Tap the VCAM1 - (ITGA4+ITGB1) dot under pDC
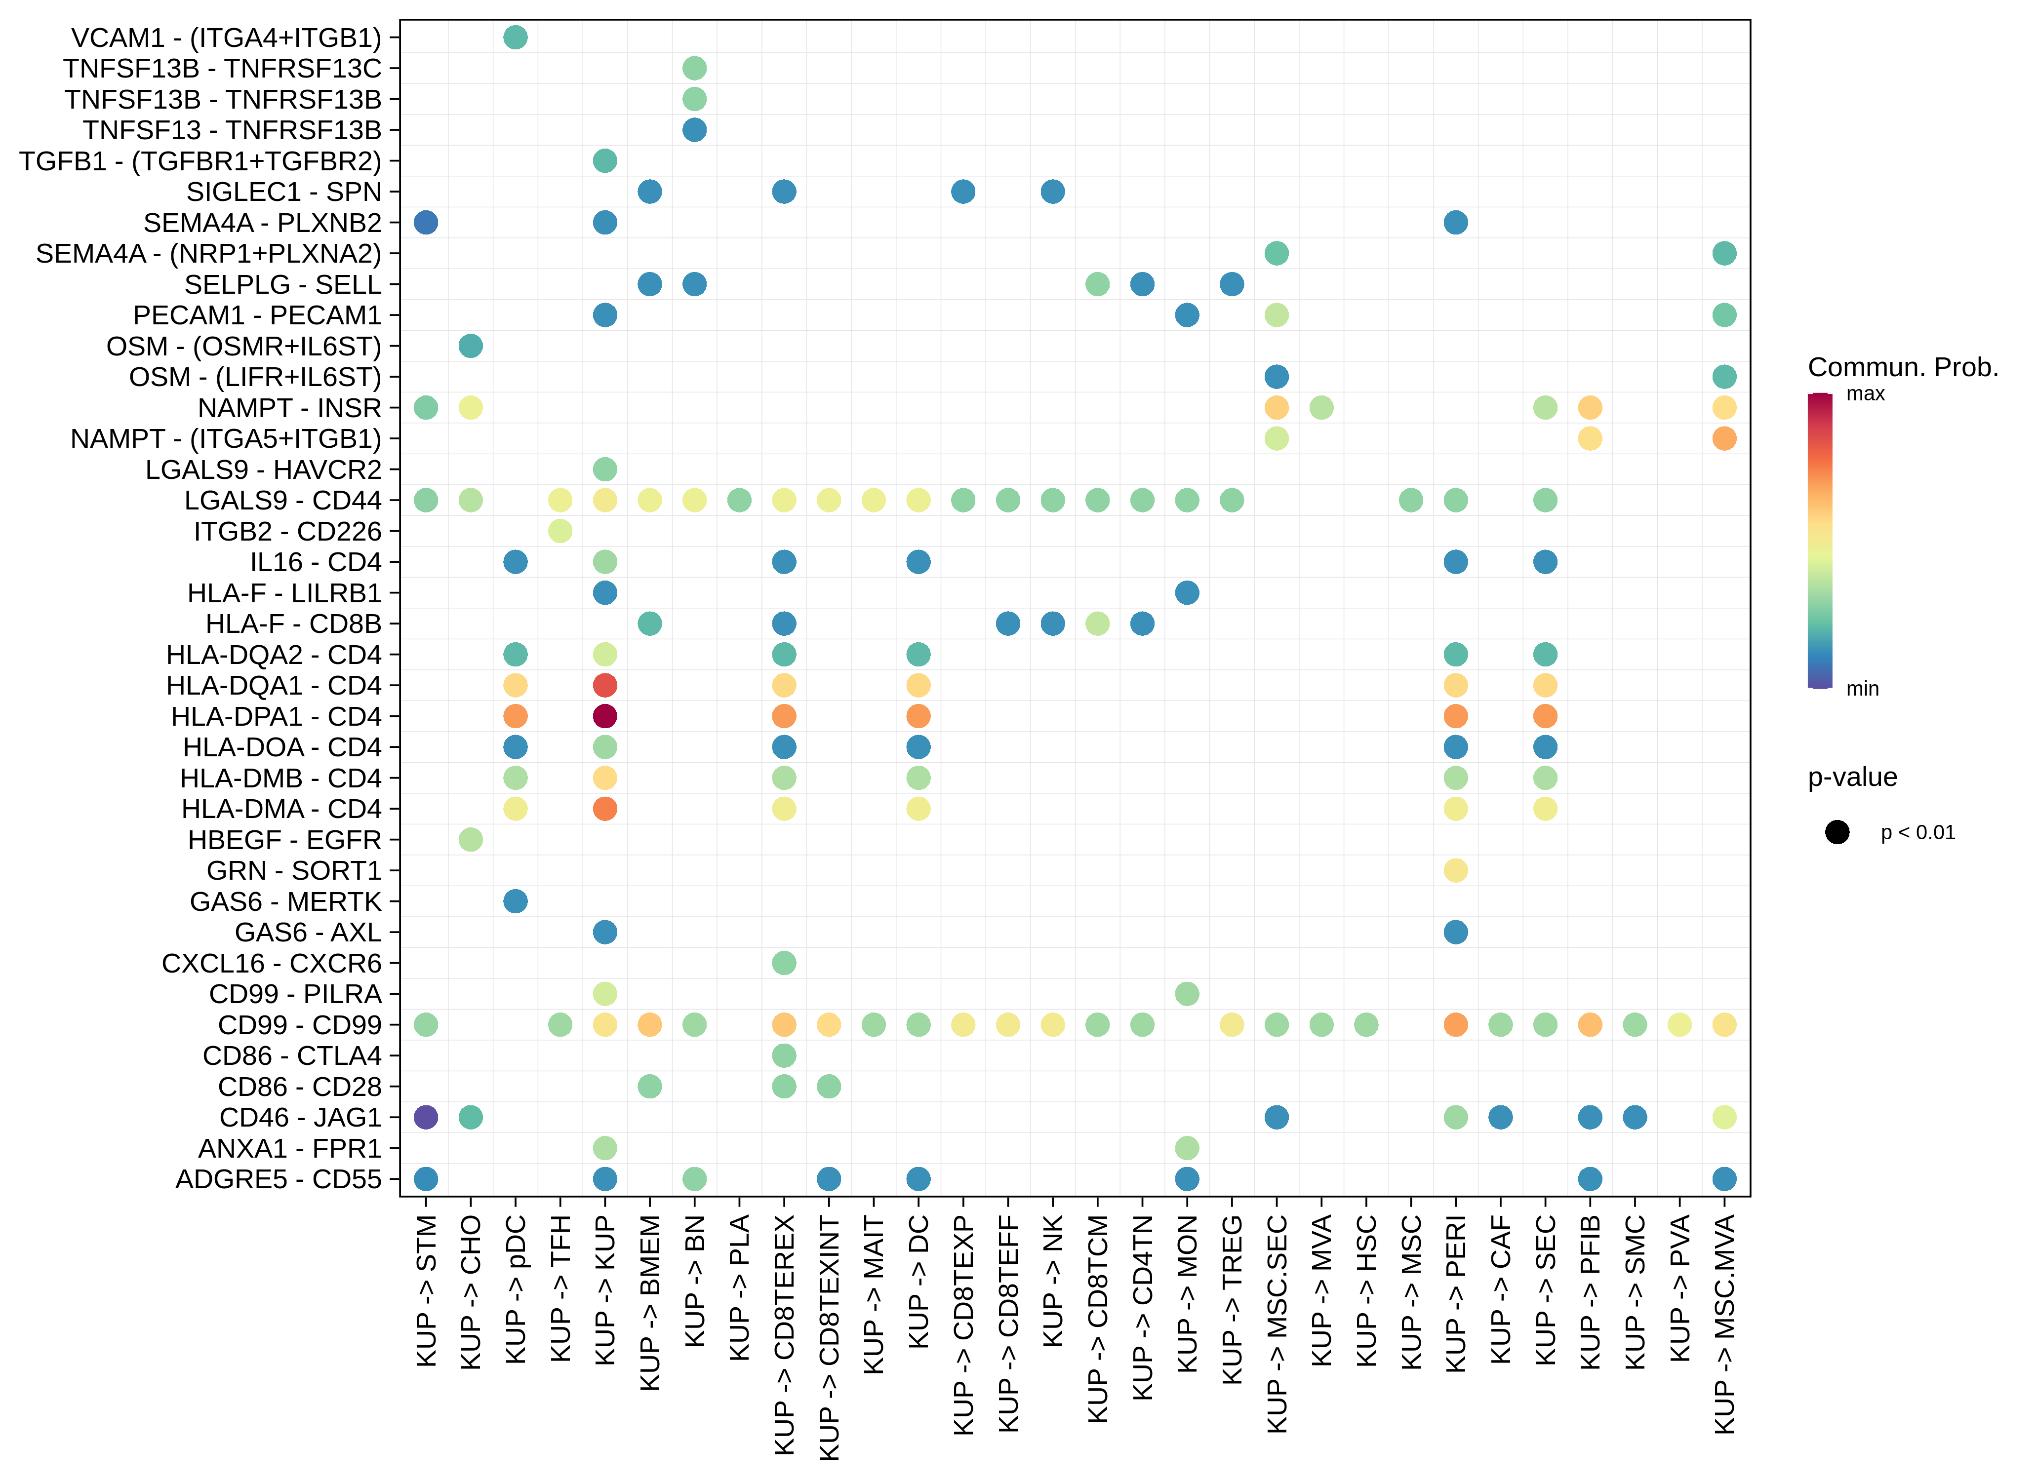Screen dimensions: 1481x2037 516,38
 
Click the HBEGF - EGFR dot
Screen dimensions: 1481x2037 471,840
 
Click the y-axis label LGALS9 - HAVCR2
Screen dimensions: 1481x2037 263,469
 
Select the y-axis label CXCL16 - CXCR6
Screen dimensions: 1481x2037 271,964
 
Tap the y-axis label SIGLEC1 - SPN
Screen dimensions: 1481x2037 284,192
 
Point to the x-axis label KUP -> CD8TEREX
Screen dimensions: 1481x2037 784,1334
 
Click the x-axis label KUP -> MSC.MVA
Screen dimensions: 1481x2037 1724,1324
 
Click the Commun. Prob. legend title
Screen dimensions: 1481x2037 1902,367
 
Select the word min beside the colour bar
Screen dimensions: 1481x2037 1862,689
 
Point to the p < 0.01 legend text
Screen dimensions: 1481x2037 1917,832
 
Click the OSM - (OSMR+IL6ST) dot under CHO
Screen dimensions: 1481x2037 471,346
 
